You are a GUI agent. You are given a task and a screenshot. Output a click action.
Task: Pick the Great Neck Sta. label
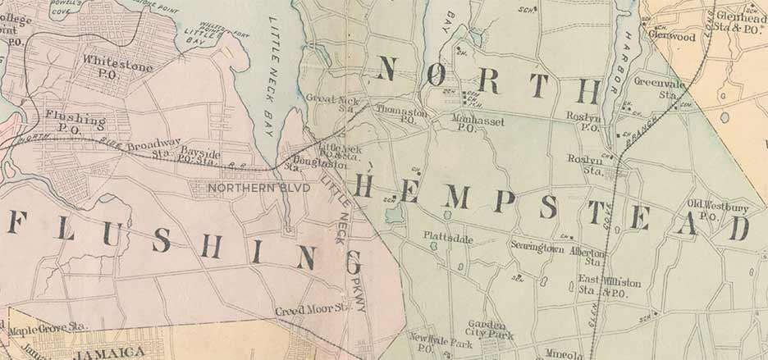pyautogui.click(x=328, y=103)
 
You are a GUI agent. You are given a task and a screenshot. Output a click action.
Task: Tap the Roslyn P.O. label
pyautogui.click(x=583, y=121)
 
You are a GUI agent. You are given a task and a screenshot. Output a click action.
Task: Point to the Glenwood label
pyautogui.click(x=671, y=36)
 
